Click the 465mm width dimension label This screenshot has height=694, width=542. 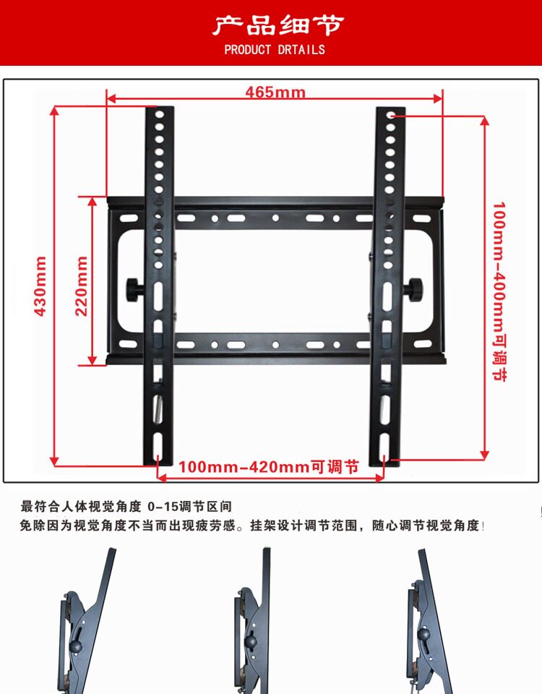pos(275,93)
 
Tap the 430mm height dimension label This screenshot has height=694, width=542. pos(40,286)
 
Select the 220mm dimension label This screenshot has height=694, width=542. pos(81,286)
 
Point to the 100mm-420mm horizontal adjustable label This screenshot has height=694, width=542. pos(269,467)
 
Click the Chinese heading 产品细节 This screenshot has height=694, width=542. pos(278,26)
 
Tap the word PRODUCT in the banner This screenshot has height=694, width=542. pos(247,50)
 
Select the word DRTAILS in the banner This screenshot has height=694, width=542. pos(302,50)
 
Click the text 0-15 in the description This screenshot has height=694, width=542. pos(161,506)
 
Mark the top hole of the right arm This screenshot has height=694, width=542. pos(391,115)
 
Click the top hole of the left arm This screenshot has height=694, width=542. pos(160,115)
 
